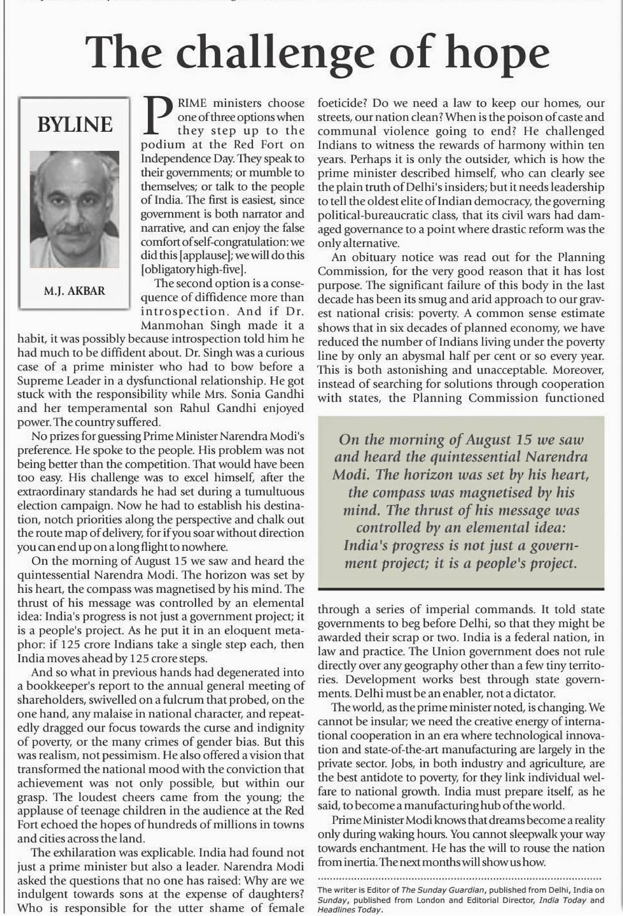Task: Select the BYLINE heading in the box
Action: click(75, 124)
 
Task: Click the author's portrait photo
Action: click(75, 209)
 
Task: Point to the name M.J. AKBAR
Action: click(75, 291)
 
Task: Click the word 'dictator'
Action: click(534, 693)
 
